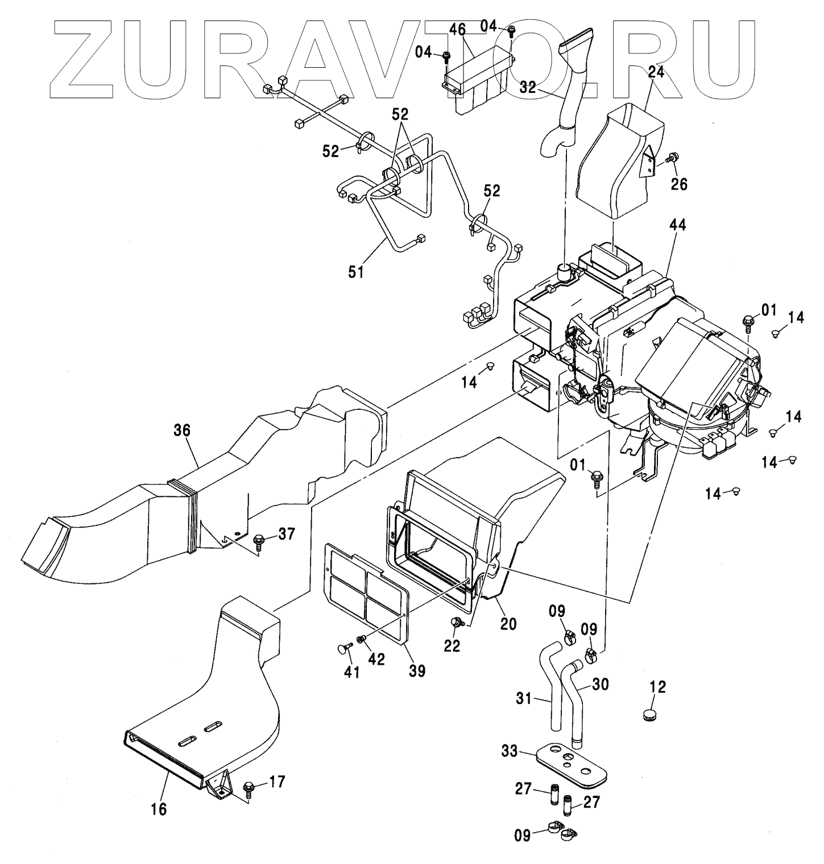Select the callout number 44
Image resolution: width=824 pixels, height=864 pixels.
(x=677, y=225)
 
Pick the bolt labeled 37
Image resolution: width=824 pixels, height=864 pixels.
(x=258, y=537)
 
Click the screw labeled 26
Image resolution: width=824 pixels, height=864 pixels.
(x=673, y=157)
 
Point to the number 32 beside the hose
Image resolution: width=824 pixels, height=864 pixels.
(x=528, y=87)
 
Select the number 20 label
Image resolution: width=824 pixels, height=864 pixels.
(x=508, y=623)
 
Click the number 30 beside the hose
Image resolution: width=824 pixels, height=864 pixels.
(x=601, y=684)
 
